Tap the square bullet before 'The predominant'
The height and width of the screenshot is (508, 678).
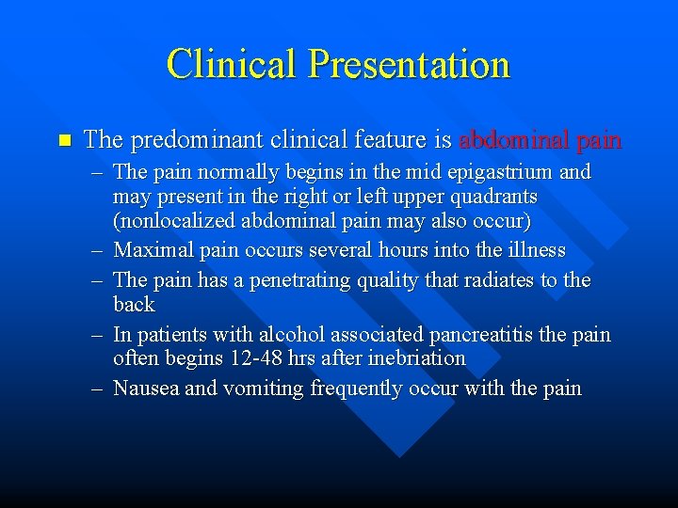64,141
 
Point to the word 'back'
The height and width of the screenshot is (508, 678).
134,305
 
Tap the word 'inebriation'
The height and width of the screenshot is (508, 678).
418,358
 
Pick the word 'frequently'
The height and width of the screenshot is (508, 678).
358,388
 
